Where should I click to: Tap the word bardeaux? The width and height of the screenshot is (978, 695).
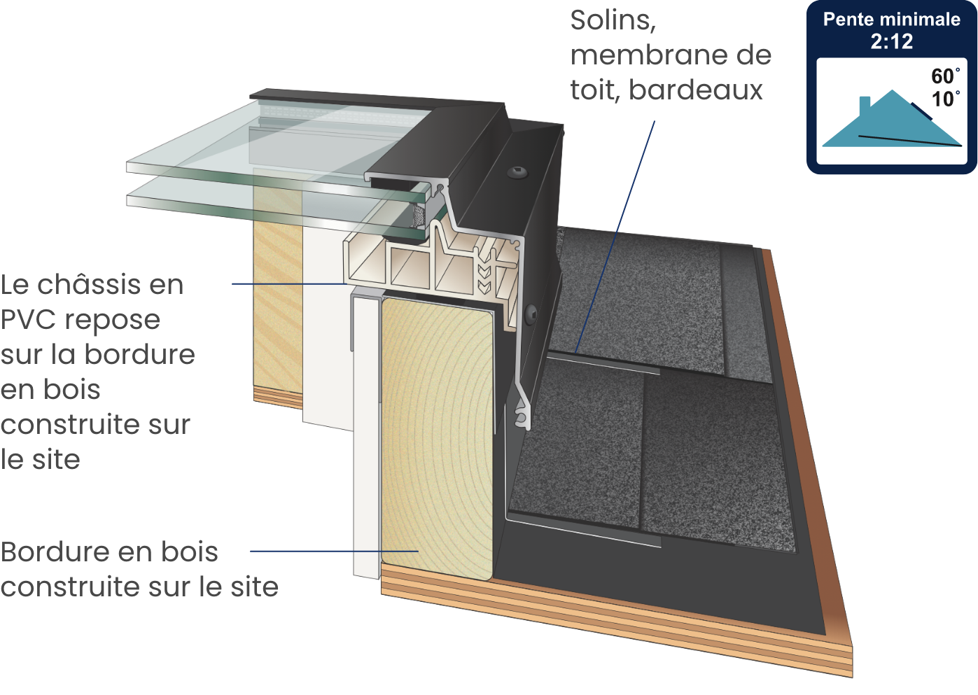coord(695,90)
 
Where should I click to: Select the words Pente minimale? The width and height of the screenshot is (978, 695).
coord(892,19)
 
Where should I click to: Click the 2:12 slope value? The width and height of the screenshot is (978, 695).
coord(892,41)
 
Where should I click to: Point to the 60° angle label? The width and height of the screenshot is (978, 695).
coord(946,76)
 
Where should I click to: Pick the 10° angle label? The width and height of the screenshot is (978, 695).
coord(946,99)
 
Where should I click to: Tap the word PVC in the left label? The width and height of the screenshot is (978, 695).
coord(29,320)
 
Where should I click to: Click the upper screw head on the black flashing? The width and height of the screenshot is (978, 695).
coord(517,172)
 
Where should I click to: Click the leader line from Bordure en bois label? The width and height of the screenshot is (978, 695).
coord(335,551)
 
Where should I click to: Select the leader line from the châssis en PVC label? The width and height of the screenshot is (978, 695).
coord(289,283)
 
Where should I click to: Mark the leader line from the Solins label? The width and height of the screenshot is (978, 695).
coord(615,237)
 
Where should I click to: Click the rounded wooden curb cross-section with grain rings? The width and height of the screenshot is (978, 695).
coord(438,439)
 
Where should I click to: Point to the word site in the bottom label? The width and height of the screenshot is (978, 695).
coord(255,587)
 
